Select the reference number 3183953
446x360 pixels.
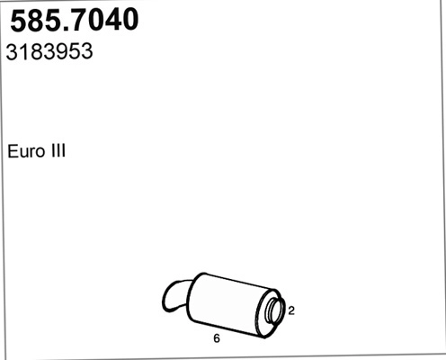point(50,52)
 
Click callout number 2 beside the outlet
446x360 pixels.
point(291,310)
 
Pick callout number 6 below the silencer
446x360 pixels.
point(216,339)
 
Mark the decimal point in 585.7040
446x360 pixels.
point(64,29)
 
